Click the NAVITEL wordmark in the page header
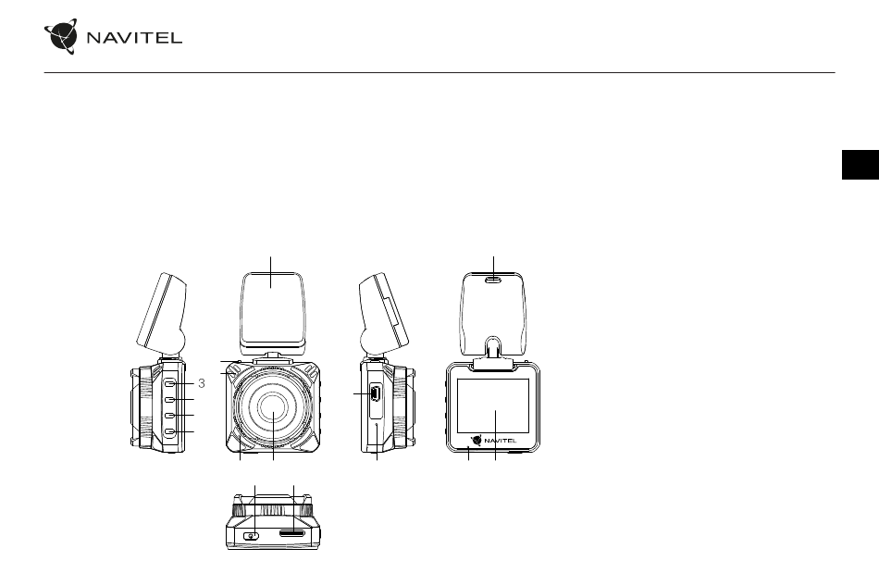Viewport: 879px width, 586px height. [x=134, y=38]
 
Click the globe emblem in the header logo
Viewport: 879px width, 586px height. [x=61, y=36]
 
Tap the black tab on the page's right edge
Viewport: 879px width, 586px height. [x=860, y=165]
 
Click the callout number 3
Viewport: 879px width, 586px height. [x=202, y=383]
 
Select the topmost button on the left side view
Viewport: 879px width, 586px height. [x=170, y=383]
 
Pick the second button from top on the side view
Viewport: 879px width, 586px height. [x=170, y=399]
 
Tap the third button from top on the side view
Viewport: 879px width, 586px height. [x=170, y=415]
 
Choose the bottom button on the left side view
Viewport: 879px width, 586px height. [x=170, y=431]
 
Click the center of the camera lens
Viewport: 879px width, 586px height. [x=274, y=408]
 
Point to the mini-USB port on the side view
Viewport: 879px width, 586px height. [x=375, y=393]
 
